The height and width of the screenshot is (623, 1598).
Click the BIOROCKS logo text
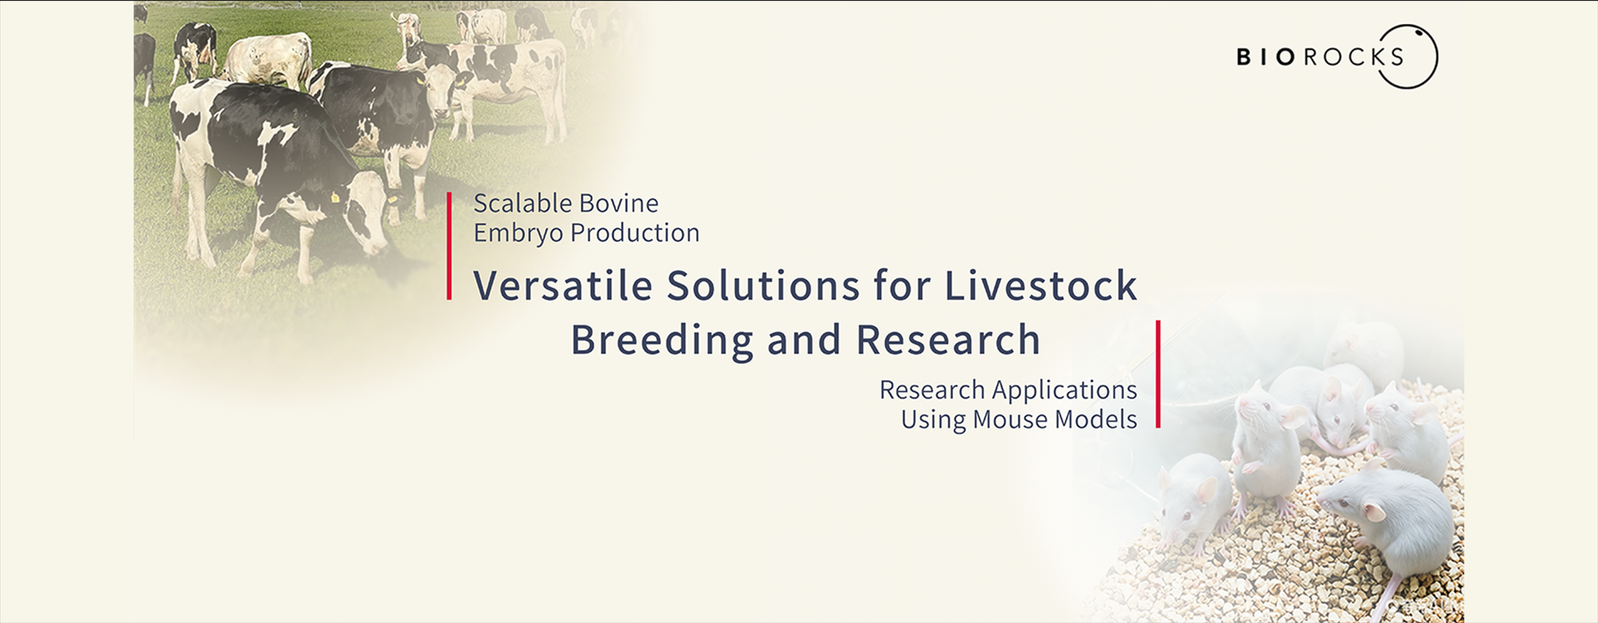[1320, 57]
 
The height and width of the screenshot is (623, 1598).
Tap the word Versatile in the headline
[563, 285]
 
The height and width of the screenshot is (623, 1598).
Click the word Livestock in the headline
[1040, 285]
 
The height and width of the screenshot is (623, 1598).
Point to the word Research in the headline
[948, 339]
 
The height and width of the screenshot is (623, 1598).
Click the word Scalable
[521, 203]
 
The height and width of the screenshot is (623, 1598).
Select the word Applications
[1065, 390]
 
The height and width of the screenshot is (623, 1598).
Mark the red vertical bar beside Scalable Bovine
[449, 245]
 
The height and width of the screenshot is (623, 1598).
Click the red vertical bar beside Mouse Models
[1158, 374]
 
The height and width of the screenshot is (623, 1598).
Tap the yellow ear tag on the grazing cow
[336, 198]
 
